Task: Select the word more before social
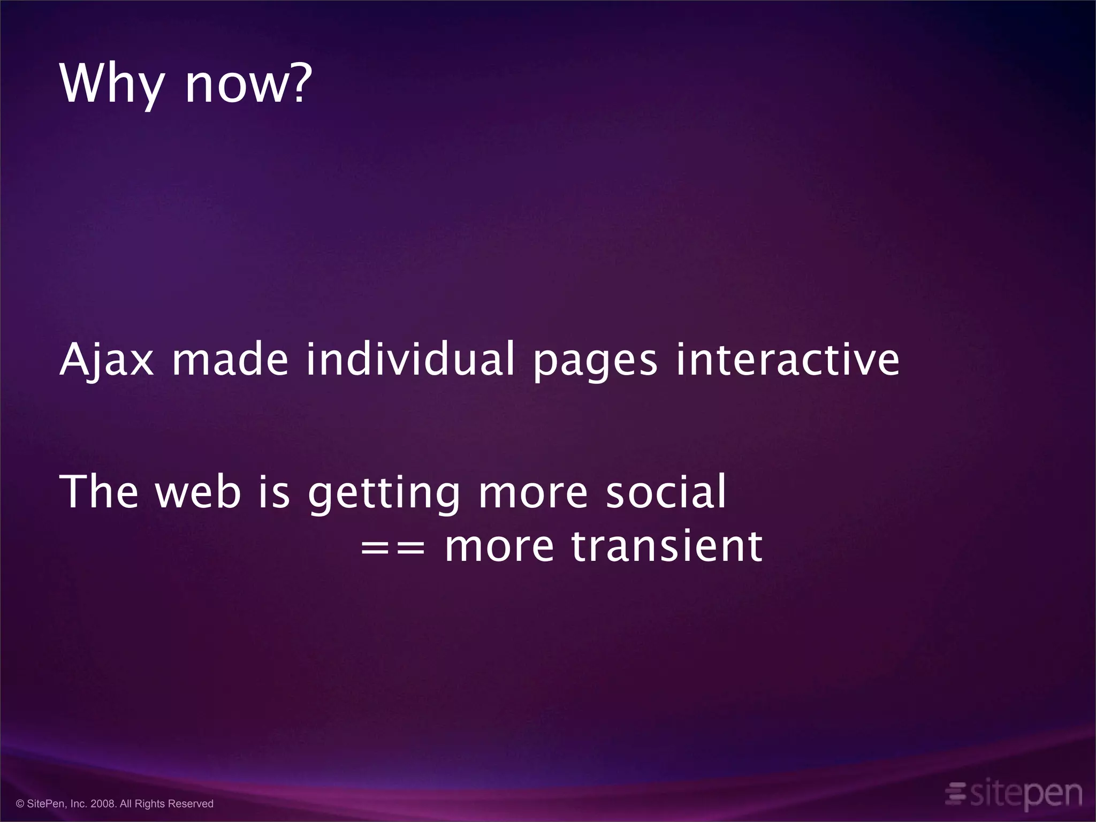pyautogui.click(x=532, y=493)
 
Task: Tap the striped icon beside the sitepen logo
pyautogui.click(x=955, y=793)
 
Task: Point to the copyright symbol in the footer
pyautogui.click(x=20, y=804)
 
